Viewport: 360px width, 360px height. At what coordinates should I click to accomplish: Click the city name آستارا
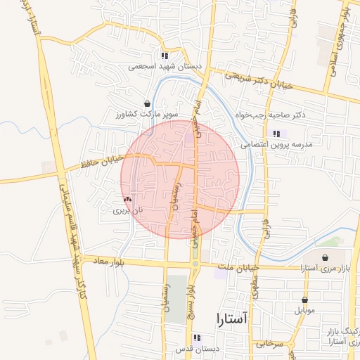tap(228, 319)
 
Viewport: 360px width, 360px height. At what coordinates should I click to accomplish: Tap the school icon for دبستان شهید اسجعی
tap(164, 56)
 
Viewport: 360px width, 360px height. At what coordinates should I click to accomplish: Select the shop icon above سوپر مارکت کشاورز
tap(146, 103)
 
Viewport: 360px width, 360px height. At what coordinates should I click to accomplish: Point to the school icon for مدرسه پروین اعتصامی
tap(275, 134)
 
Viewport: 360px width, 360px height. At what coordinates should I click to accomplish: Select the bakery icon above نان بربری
tap(127, 200)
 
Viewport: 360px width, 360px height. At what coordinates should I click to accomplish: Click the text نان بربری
tap(129, 210)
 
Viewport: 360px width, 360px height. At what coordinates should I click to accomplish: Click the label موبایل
tap(305, 309)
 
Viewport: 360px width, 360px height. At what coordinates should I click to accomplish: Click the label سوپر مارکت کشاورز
tap(148, 113)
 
